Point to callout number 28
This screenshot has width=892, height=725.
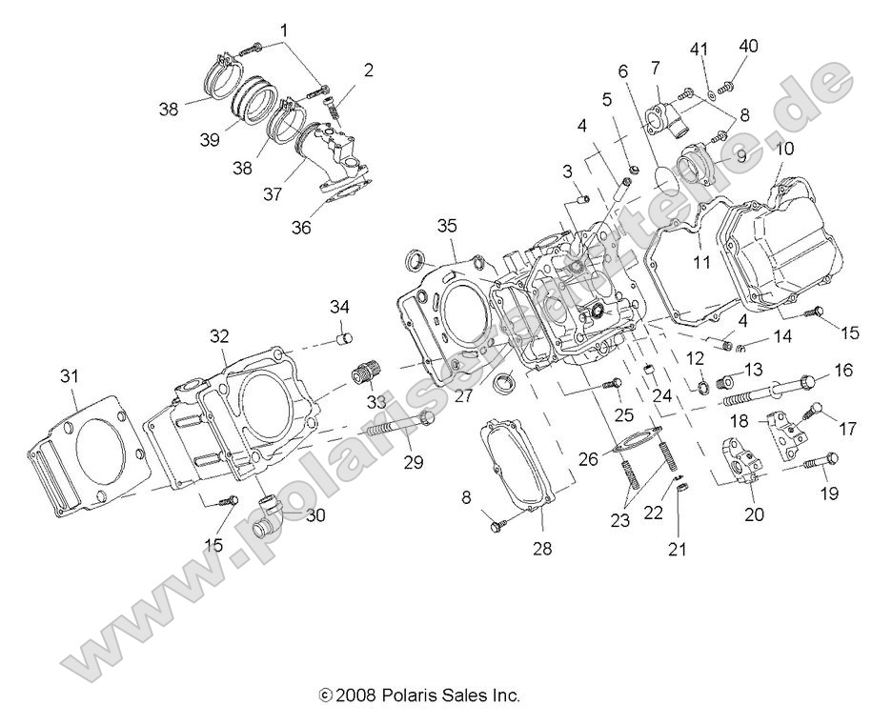(x=543, y=549)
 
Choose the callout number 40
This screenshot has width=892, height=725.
(x=749, y=45)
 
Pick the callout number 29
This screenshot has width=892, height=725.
(x=413, y=462)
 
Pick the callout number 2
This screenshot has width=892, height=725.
(x=368, y=70)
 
